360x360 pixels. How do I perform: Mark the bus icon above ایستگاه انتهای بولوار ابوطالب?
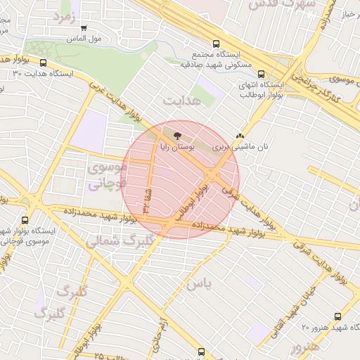pyautogui.click(x=262, y=73)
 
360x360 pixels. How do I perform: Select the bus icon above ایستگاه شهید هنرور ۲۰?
pyautogui.click(x=338, y=316)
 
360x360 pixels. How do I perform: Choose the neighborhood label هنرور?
pyautogui.click(x=304, y=347)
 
